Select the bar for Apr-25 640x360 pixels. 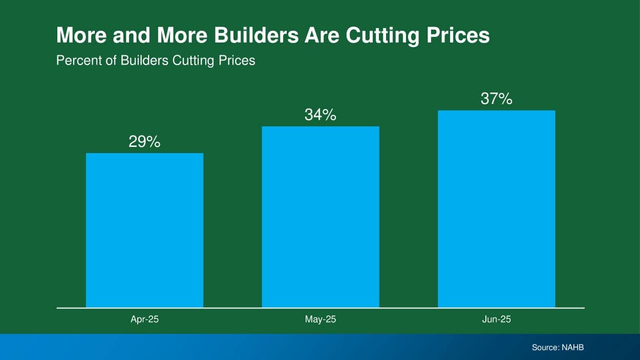144,230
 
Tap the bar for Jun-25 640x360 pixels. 496,208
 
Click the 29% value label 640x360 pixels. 144,142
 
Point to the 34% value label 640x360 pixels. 321,115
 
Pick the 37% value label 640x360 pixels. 496,99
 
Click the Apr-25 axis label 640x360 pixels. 144,320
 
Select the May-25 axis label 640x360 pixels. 321,320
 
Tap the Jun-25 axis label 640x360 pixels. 496,320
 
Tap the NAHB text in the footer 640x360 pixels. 573,348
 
